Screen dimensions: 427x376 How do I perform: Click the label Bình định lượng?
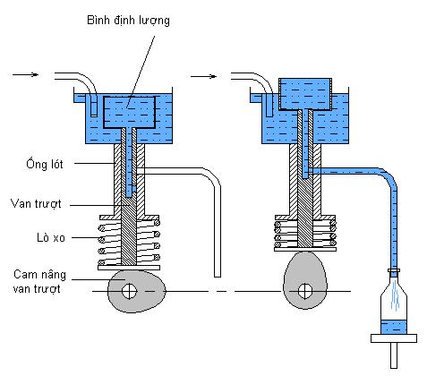[128, 21]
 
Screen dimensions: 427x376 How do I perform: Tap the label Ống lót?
[45, 164]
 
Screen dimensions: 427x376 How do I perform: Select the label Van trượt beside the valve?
[36, 203]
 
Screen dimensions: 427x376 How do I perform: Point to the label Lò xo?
[51, 237]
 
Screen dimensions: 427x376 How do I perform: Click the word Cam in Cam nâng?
[25, 274]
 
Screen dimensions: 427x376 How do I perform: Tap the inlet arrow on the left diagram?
[26, 74]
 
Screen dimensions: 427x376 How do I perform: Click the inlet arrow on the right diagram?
[203, 77]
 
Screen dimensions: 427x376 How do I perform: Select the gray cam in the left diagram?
[137, 291]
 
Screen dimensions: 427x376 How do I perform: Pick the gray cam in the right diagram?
[304, 280]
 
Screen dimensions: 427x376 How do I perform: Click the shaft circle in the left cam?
[130, 291]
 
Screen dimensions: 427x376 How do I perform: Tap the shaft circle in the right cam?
[305, 291]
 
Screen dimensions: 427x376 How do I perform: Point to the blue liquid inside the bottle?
[394, 327]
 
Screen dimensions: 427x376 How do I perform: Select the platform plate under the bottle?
[394, 338]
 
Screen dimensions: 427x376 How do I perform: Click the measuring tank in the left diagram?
[130, 112]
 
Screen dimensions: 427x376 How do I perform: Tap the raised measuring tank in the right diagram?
[305, 94]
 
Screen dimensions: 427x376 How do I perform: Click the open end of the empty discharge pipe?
[218, 276]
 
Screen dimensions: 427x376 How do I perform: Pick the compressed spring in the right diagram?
[305, 234]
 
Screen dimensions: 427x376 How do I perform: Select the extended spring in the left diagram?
[130, 243]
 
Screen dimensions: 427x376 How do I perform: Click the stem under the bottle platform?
[394, 355]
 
